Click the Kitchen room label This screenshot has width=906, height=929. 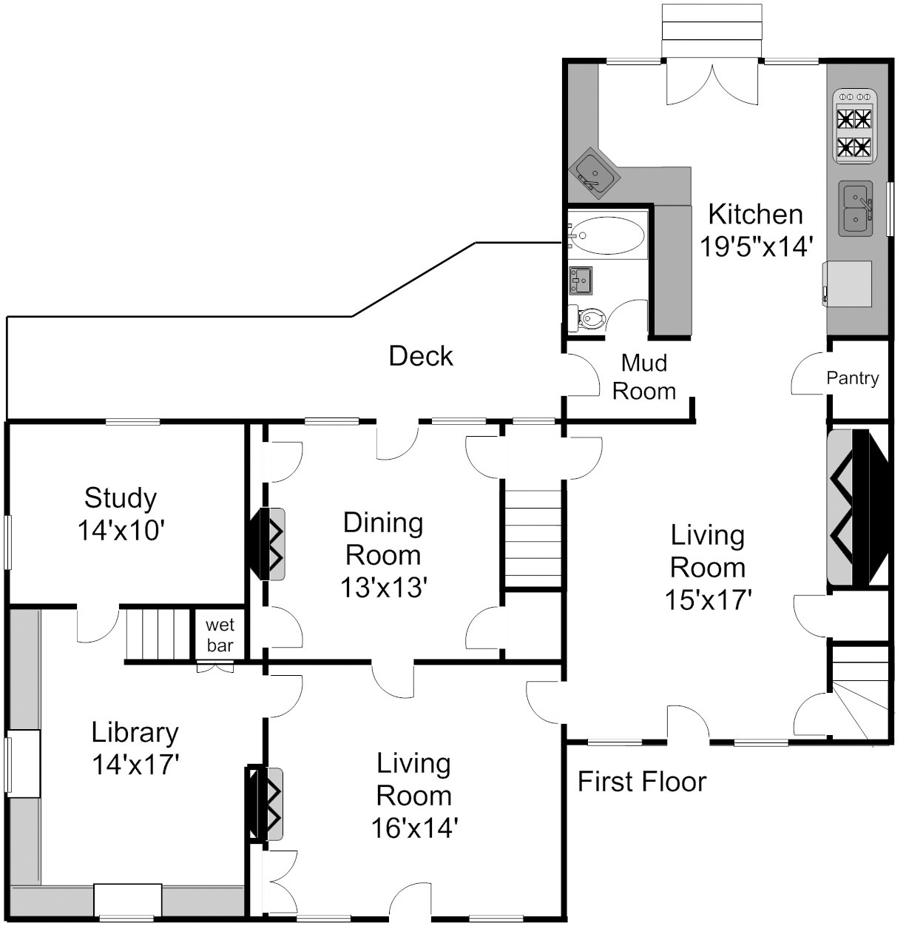pos(755,215)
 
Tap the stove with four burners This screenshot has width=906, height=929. pos(855,126)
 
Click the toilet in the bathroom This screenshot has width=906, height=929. pos(587,318)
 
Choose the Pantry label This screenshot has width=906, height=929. pos(853,378)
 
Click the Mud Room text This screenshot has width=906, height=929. pos(644,377)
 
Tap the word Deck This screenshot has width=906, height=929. pos(420,356)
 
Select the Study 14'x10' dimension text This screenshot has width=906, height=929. pos(121,530)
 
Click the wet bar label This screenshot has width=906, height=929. pos(220,635)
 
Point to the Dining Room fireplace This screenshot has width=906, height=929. pos(266,544)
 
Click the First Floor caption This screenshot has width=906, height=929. pos(642,782)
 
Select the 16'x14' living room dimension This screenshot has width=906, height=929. pos(415,828)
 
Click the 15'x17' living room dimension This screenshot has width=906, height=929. pos(709,600)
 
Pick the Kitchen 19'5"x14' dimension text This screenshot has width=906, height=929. pos(756,246)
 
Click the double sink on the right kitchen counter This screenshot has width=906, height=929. pos(856,208)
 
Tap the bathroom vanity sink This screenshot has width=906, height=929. pos(581,281)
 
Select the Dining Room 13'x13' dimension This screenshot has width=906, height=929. pos(383,587)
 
